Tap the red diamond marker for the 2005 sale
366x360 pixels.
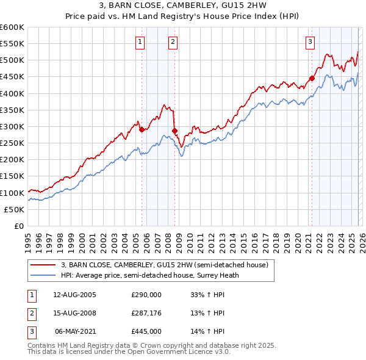[x=142, y=129]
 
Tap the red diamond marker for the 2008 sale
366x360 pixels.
[x=174, y=131]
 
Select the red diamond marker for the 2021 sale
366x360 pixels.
[x=312, y=78]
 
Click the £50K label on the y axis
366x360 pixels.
[x=14, y=209]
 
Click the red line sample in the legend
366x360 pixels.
[x=43, y=265]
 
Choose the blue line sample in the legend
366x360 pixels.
[x=43, y=275]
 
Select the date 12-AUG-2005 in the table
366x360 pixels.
[x=74, y=294]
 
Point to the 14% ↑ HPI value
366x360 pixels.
[x=208, y=332]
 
